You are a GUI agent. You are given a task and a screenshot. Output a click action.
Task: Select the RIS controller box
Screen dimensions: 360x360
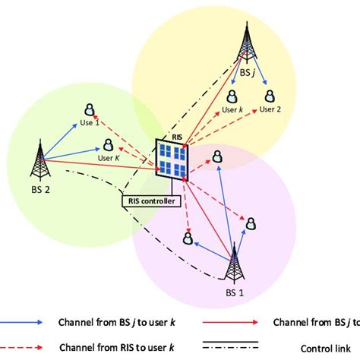click(x=153, y=201)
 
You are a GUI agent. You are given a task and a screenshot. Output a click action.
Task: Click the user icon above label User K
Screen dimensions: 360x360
click(x=109, y=144)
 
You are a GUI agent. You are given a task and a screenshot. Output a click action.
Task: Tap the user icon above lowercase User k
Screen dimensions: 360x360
click(x=232, y=96)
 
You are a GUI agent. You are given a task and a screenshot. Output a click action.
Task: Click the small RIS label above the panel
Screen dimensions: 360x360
click(x=165, y=134)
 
